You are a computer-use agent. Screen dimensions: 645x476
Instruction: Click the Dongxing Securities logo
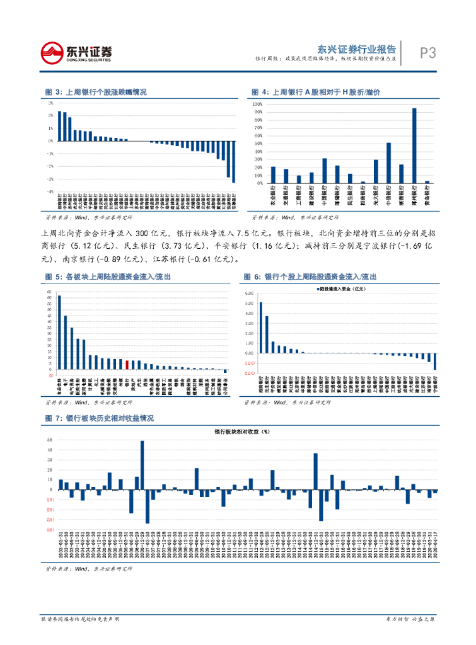click(76, 53)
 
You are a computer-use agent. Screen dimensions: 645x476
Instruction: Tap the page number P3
click(428, 53)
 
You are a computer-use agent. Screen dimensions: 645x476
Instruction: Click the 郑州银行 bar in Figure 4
click(414, 146)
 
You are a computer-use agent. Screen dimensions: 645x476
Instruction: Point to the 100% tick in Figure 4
click(257, 104)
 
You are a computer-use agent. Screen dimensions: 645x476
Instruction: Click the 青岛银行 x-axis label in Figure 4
click(427, 195)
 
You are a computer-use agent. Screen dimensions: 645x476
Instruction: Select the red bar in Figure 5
click(127, 365)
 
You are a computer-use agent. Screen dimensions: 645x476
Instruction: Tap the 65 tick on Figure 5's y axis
click(50, 292)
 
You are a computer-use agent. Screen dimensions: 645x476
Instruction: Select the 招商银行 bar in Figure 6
click(260, 328)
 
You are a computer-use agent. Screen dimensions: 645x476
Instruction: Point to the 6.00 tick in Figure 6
click(248, 294)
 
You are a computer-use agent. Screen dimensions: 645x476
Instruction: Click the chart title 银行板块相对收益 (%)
click(242, 432)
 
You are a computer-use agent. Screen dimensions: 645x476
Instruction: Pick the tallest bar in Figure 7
click(142, 465)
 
